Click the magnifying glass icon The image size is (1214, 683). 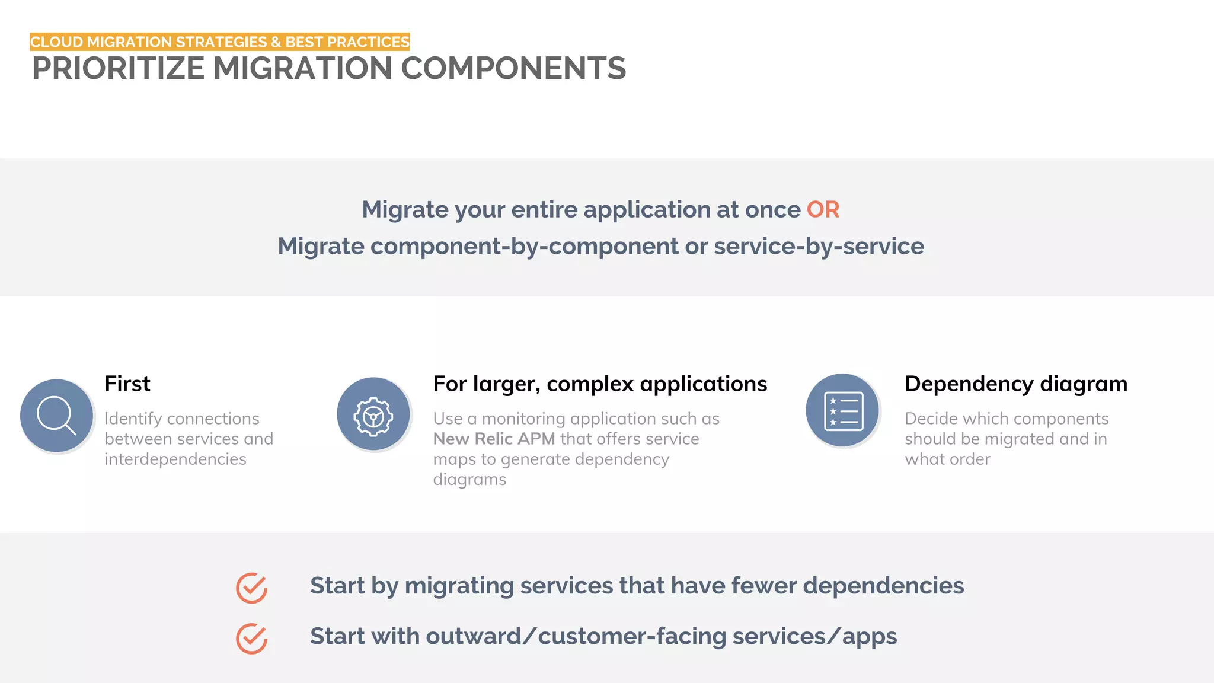tap(56, 416)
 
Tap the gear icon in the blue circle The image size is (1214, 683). tap(373, 416)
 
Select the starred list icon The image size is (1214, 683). tap(843, 411)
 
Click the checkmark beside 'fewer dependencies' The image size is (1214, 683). tap(252, 588)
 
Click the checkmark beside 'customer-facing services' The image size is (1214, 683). tap(252, 639)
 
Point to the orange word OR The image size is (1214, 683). tap(823, 210)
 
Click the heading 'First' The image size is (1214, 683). tap(127, 384)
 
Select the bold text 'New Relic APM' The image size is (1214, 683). tap(494, 439)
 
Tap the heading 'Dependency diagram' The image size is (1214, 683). tap(1016, 384)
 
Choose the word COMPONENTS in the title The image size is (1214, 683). tap(513, 69)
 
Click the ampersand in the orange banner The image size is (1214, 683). tap(276, 42)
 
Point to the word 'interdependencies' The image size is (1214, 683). tap(175, 459)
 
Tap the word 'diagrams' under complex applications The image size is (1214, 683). tap(469, 479)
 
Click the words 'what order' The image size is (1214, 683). tap(947, 459)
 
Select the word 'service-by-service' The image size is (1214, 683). tap(819, 247)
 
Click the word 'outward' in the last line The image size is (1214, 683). tap(473, 636)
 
